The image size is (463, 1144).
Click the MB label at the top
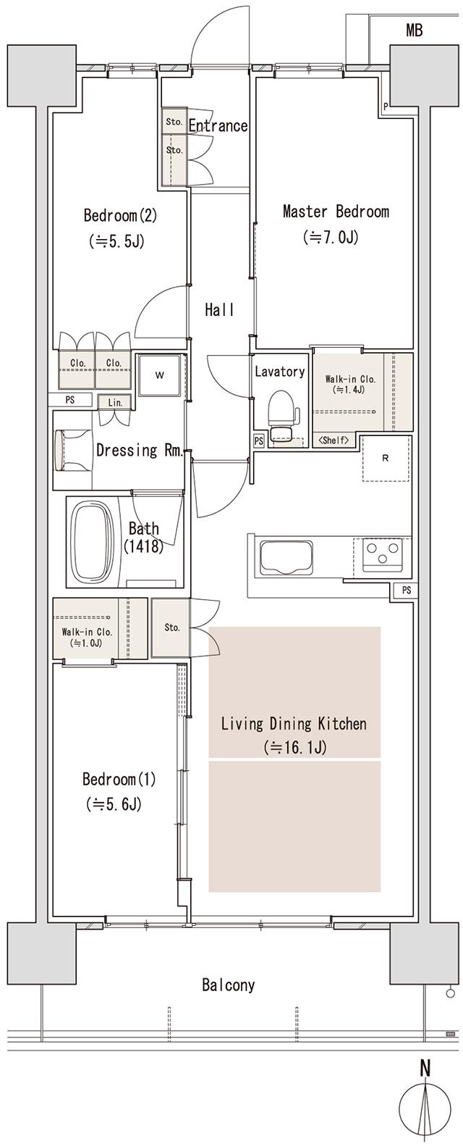tap(414, 30)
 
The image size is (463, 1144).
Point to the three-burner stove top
tap(381, 557)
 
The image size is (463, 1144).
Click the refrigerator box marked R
tap(385, 458)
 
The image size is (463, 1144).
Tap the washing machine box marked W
tap(159, 375)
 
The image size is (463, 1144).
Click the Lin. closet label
tap(114, 402)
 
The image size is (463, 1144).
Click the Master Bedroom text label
tap(336, 212)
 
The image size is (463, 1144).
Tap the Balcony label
tap(228, 985)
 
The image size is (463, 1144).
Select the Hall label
tap(218, 310)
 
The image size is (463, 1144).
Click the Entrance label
tap(218, 126)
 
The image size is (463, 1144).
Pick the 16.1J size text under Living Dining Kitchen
tap(294, 747)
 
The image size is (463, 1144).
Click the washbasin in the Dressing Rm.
tap(67, 450)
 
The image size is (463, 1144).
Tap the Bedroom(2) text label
tap(116, 216)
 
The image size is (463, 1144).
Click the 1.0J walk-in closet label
tap(86, 641)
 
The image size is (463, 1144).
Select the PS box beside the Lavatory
tap(258, 440)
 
